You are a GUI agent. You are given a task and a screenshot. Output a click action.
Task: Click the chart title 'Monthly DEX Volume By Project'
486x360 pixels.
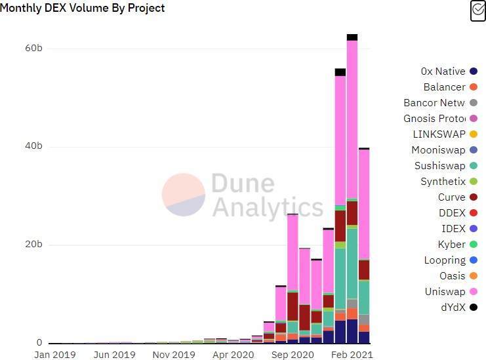click(83, 9)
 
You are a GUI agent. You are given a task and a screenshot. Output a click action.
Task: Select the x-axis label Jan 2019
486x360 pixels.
click(55, 355)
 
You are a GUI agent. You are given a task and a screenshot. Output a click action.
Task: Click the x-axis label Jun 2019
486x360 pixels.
click(115, 355)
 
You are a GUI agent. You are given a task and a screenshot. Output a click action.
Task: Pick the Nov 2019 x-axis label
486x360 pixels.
click(174, 355)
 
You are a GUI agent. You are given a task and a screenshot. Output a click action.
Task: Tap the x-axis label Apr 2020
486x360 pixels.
click(234, 355)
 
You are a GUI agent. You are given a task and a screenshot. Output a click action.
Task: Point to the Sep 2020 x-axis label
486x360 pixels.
click(294, 355)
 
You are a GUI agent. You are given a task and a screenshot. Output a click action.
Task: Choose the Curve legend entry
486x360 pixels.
click(452, 197)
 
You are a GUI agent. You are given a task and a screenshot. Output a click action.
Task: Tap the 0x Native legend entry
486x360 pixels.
click(443, 71)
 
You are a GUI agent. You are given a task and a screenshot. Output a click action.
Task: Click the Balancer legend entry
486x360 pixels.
click(445, 87)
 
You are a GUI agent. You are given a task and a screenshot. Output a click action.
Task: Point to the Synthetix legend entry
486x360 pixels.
click(443, 182)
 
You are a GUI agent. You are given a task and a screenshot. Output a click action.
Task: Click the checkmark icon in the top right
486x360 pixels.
click(478, 11)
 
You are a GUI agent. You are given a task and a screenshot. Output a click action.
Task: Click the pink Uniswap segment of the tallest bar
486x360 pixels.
click(352, 118)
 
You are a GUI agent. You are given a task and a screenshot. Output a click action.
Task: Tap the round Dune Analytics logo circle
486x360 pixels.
click(184, 195)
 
